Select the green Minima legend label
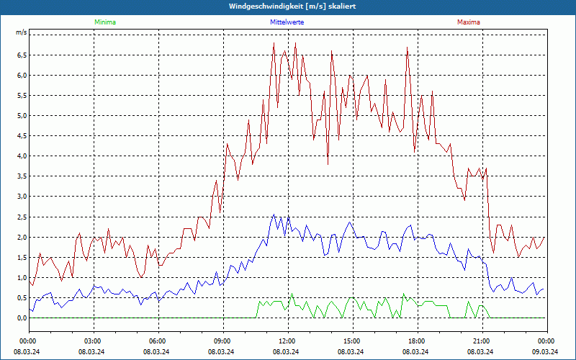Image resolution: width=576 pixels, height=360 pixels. coord(104,22)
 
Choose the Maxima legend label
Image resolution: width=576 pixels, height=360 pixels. coord(469,22)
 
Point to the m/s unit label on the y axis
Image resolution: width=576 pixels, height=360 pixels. coord(21,33)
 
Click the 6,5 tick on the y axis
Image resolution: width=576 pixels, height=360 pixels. coord(21,55)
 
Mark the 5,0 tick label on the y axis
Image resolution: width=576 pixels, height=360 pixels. coord(21,115)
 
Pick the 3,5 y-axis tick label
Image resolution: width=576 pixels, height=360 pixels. coord(21,176)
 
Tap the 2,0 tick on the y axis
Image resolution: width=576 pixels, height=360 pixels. coord(21,237)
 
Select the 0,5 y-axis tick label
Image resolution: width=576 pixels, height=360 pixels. coord(21,297)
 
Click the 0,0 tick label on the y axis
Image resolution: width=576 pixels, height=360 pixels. coord(21,318)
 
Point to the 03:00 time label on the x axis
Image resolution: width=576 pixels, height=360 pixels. coord(94,341)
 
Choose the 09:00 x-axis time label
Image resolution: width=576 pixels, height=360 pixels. coord(223,341)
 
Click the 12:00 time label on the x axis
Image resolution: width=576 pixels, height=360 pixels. coord(287,341)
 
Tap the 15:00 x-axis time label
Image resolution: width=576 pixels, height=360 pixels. coord(352,341)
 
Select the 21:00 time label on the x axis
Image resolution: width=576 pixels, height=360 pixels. coord(482,341)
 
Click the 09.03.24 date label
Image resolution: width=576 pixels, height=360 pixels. coord(546,351)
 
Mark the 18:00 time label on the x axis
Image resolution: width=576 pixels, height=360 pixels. coord(417,341)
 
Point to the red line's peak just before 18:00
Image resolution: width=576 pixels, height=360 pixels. coord(408,48)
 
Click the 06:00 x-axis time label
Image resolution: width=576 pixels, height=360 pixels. coord(158,341)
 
